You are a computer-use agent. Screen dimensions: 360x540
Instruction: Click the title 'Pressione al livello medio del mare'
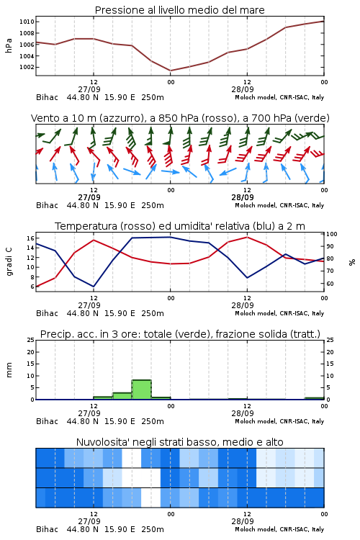tap(179, 10)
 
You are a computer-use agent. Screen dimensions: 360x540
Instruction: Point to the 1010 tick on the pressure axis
tap(27, 22)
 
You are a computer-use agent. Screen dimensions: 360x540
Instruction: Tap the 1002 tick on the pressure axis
tap(27, 67)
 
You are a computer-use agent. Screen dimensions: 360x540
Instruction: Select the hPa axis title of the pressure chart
tap(9, 45)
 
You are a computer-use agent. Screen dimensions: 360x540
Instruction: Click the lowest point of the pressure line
tap(171, 71)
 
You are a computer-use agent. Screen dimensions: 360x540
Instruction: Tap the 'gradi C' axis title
tap(9, 261)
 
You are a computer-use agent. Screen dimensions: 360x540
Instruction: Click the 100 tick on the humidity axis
tap(332, 234)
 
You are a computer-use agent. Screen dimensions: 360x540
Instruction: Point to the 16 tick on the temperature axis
tap(30, 238)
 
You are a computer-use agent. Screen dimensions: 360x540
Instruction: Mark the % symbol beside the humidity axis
tap(352, 262)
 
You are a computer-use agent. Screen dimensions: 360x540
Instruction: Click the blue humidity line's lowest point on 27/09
tap(94, 287)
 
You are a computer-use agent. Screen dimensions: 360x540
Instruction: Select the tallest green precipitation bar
tap(142, 390)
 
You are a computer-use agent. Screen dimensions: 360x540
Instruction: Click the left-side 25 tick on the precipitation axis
tap(31, 340)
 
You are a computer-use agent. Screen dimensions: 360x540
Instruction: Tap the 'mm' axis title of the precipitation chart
tap(9, 370)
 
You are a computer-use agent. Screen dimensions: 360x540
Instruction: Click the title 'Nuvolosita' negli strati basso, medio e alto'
tap(179, 442)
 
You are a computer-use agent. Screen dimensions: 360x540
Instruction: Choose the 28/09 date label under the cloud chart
tap(243, 521)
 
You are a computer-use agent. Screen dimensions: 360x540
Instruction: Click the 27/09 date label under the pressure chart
tap(89, 89)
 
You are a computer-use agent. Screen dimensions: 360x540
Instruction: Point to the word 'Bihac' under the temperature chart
tap(47, 313)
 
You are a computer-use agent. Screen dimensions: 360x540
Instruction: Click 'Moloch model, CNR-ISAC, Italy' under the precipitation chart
tap(279, 421)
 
